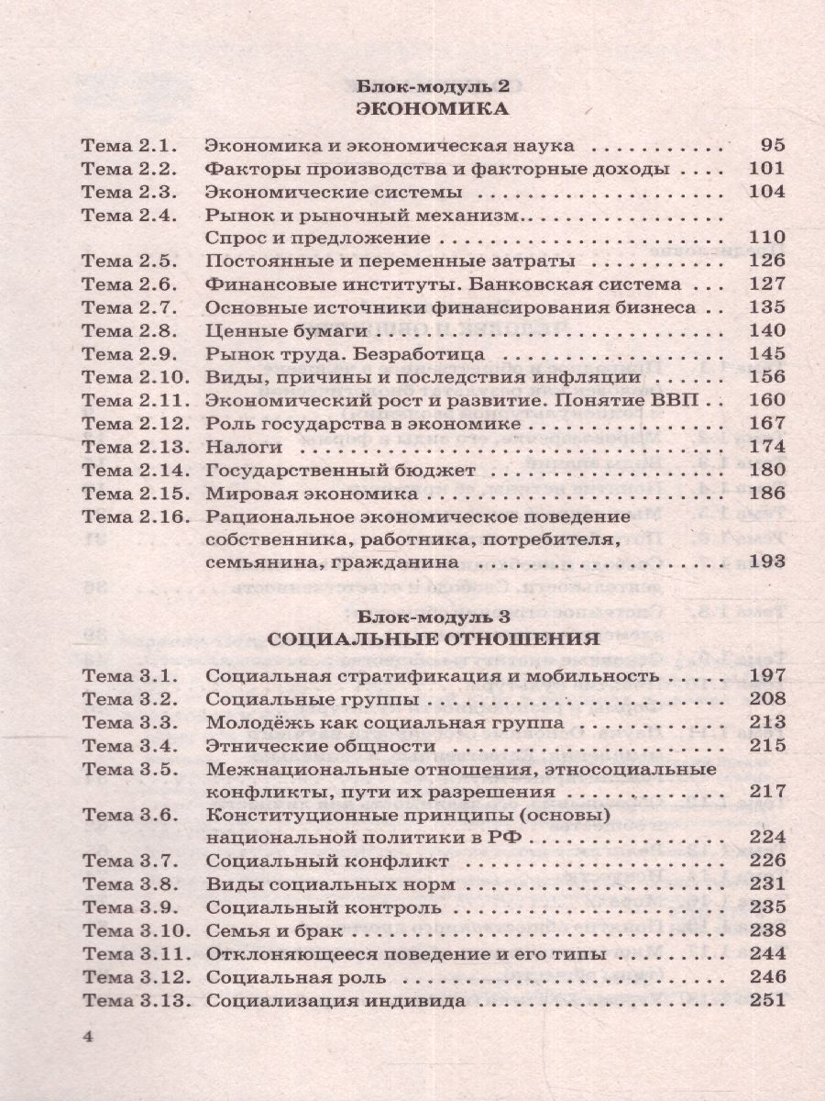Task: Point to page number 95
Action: click(x=773, y=145)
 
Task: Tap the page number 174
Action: click(x=767, y=447)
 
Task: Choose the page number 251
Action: click(x=767, y=999)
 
